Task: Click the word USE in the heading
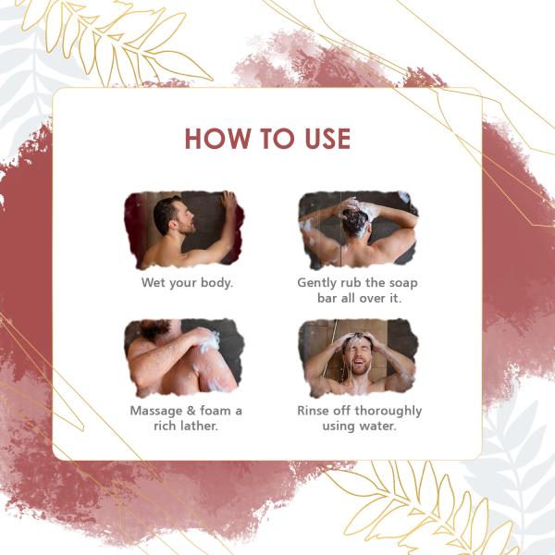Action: (327, 139)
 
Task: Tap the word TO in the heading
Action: (277, 139)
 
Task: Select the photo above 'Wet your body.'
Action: (184, 229)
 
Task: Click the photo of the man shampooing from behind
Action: (358, 229)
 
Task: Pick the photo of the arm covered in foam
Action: (184, 358)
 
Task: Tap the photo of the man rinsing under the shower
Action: (358, 358)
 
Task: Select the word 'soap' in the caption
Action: (403, 283)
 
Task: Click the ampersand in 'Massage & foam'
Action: (191, 411)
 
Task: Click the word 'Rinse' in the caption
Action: (313, 411)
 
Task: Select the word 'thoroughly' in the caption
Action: (388, 412)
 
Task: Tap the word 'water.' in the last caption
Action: (377, 425)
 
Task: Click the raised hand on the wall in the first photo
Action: (229, 200)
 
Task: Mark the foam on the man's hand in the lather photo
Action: (210, 342)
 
